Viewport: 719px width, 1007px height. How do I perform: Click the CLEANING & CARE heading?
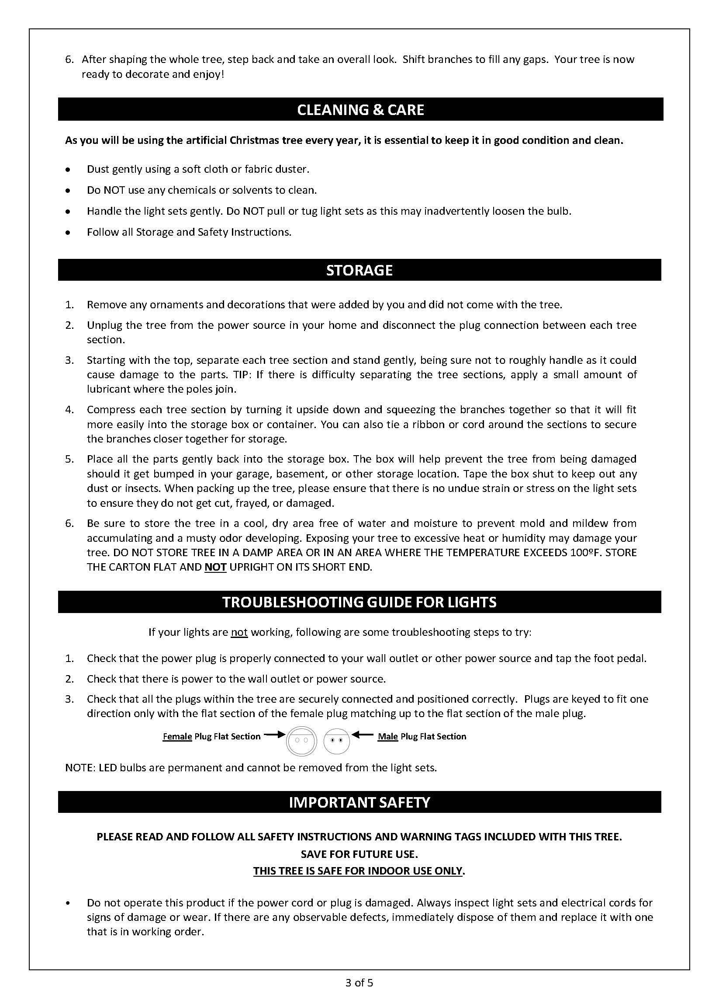click(x=360, y=109)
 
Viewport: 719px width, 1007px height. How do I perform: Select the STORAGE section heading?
click(x=359, y=270)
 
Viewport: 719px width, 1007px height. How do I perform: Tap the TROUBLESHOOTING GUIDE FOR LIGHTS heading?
click(x=359, y=602)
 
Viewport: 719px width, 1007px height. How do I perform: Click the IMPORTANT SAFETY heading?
click(x=359, y=802)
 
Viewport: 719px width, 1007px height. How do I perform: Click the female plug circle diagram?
click(x=301, y=740)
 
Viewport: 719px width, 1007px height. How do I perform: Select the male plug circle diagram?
click(x=336, y=740)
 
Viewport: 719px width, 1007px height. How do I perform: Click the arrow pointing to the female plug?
click(x=274, y=735)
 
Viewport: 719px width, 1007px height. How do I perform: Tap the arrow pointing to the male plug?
click(x=363, y=735)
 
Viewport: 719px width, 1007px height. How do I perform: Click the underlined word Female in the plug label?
click(x=177, y=737)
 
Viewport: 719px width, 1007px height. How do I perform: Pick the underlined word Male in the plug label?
click(x=388, y=737)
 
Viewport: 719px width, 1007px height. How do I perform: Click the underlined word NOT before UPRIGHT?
click(x=215, y=567)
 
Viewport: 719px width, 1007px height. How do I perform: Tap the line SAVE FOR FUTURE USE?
click(x=359, y=854)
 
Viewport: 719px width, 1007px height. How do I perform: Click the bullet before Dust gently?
click(x=68, y=170)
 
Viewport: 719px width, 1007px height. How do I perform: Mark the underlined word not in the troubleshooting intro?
click(x=239, y=632)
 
